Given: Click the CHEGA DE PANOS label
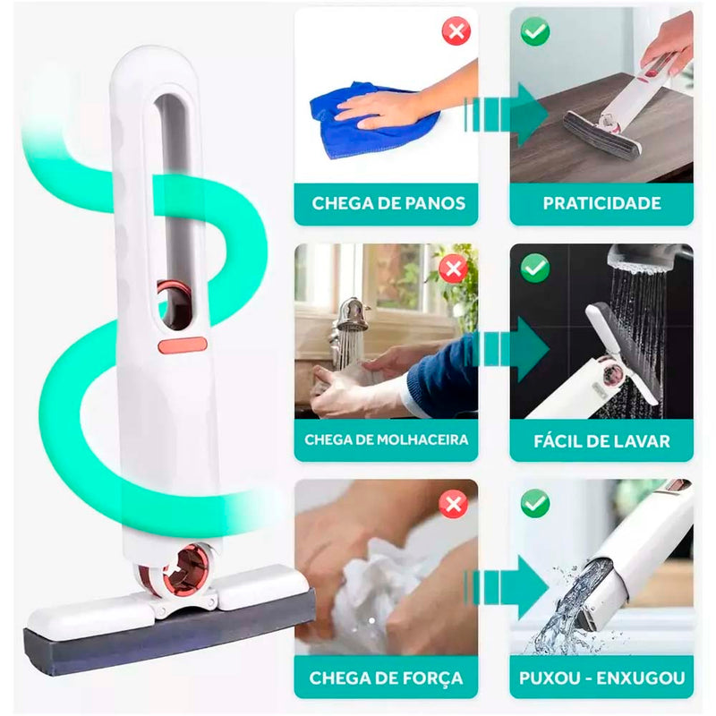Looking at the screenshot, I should (388, 203).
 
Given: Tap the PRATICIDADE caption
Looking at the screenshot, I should (601, 203).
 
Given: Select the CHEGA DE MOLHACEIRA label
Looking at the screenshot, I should (387, 439).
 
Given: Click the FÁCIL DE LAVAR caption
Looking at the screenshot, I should (601, 440).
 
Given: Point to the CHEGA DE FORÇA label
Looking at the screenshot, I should (387, 678).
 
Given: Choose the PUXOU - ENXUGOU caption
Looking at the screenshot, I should (601, 678).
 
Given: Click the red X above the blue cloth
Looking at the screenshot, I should (456, 32).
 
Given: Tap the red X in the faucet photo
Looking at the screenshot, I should (455, 268).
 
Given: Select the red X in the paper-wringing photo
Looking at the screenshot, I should (455, 504).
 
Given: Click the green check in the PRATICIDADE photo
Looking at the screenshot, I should (535, 32).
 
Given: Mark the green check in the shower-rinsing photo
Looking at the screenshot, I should (535, 268).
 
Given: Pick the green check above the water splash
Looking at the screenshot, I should (535, 504).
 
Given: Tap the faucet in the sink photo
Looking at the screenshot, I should (351, 318).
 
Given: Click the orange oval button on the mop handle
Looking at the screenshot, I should (183, 345).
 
